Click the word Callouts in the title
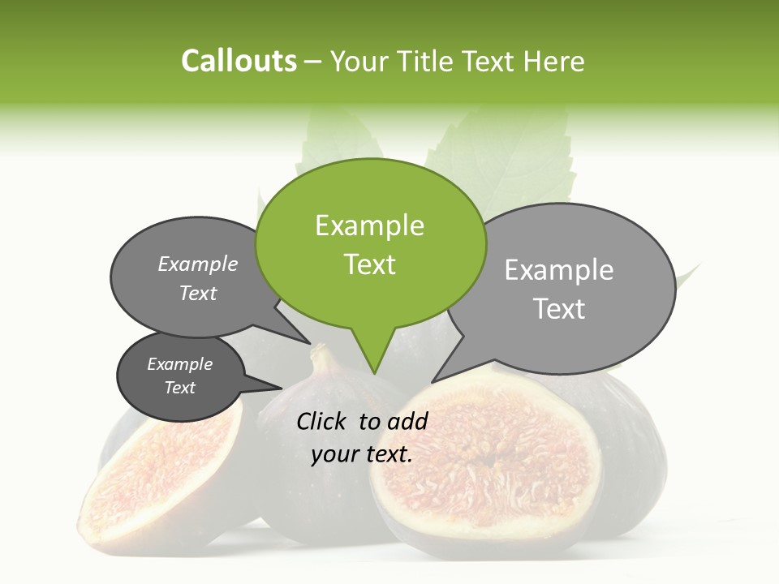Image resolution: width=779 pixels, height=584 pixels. (239, 61)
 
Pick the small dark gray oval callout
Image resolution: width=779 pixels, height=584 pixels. (180, 376)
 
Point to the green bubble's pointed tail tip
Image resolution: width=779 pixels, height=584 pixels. (374, 373)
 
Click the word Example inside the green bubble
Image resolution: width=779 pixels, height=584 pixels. (369, 225)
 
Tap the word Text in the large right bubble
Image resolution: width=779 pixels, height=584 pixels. (559, 309)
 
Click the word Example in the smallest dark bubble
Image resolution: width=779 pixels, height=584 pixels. (179, 364)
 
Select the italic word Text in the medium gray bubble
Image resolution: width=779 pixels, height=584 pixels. (198, 293)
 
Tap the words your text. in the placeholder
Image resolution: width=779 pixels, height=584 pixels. (362, 455)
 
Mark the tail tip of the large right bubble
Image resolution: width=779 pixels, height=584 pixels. (432, 382)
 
